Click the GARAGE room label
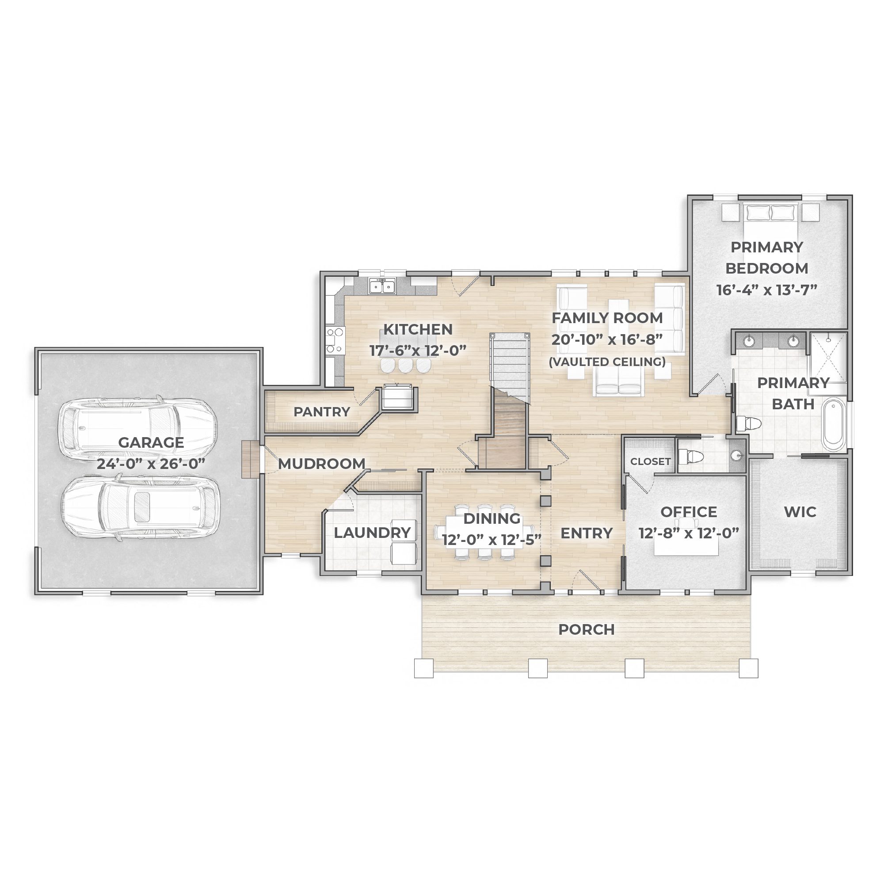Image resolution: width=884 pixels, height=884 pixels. coord(151,442)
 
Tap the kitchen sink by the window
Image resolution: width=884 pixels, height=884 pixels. coord(382,286)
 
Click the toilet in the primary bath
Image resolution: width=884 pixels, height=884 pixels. coord(749,424)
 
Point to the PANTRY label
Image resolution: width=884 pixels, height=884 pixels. coord(322,412)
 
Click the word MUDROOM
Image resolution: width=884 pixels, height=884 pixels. coord(322,464)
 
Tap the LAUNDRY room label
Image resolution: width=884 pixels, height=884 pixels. coord(372,533)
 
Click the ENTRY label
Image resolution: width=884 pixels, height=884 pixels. coord(587,533)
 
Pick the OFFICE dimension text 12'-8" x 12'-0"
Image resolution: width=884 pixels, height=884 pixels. coord(689,533)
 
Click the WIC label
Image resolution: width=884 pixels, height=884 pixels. coord(800,511)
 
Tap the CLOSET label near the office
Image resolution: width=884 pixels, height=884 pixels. coord(650,462)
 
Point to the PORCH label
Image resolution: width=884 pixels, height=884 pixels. coord(587,629)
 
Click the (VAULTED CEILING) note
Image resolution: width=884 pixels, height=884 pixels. coord(607,362)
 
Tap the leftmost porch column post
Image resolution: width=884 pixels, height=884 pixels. coord(424,668)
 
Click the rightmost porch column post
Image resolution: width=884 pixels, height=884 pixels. coord(749,668)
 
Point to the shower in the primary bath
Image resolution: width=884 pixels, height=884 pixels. coord(829,357)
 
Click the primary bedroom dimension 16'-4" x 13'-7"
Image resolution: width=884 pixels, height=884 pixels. coord(767,290)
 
